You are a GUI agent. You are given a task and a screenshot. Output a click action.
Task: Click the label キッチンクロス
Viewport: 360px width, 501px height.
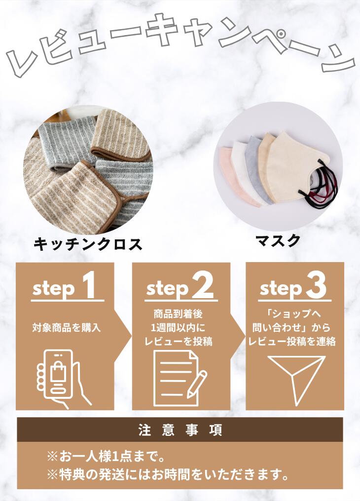(x=88, y=243)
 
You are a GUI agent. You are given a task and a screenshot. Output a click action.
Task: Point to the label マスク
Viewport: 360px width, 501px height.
(x=278, y=241)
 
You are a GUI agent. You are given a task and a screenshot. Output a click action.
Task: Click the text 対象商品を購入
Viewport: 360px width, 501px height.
(x=66, y=327)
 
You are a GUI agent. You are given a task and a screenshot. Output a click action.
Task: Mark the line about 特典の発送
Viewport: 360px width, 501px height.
(x=168, y=475)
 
